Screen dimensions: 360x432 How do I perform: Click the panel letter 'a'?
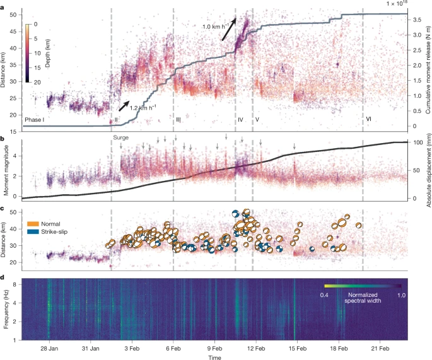(4, 5)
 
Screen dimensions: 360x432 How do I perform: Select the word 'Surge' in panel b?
(121, 137)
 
